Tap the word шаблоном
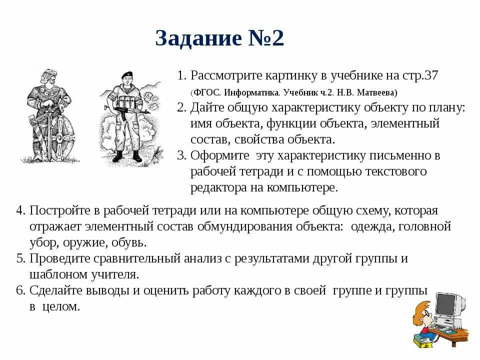[x=55, y=274]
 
